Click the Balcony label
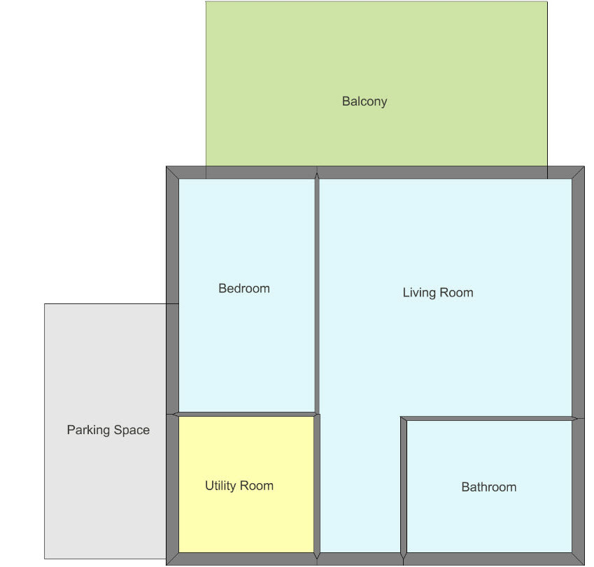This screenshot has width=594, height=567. (365, 101)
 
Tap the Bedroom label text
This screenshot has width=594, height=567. (244, 289)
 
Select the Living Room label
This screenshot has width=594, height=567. (438, 292)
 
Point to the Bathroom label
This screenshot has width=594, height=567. (489, 487)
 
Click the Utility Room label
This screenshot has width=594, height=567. (239, 486)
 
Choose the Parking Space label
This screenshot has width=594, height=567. (108, 430)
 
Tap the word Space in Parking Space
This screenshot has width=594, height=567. (132, 431)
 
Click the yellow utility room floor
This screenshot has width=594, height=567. (246, 522)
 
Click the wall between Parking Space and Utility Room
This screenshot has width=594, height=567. (172, 487)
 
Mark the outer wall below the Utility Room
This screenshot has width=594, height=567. (241, 559)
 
